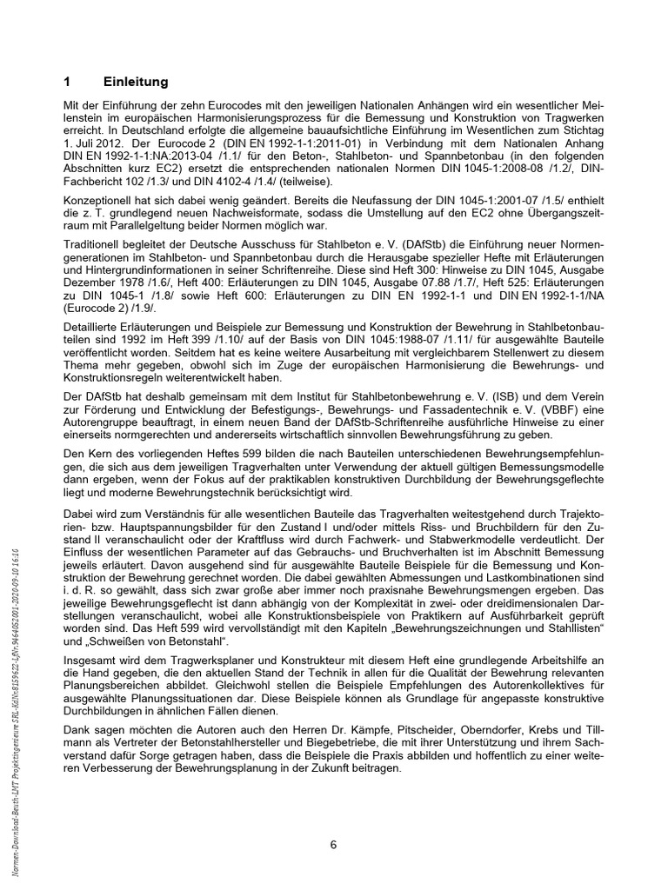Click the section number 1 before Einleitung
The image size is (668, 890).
point(68,82)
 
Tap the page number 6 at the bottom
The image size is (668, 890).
point(333,844)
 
